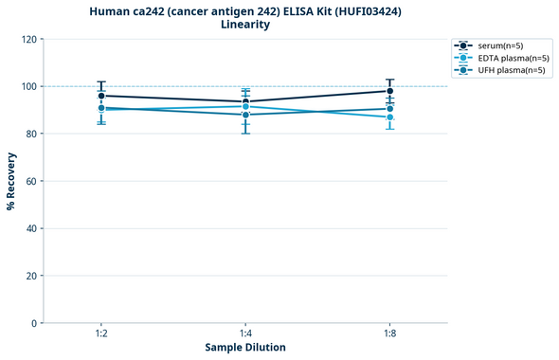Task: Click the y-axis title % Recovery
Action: [11, 180]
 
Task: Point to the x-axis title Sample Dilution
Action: [245, 347]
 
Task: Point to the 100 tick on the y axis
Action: [28, 86]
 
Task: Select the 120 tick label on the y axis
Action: [28, 39]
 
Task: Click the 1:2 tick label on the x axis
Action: [100, 333]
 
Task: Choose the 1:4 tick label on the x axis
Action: [245, 333]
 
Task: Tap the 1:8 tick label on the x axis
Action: [389, 333]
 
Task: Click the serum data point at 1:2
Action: [101, 96]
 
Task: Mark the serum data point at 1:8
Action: [389, 91]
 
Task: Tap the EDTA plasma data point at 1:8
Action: [389, 117]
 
